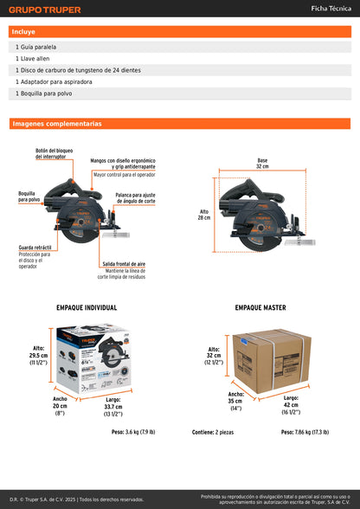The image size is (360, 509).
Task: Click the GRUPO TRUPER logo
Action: (45, 10)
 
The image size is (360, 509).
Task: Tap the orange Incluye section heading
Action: (24, 31)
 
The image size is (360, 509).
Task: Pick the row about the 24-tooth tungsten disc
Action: (78, 69)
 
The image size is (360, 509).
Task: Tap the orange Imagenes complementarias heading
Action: (57, 124)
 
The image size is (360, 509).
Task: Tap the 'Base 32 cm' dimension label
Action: (262, 162)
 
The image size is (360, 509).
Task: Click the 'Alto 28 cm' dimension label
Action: (204, 214)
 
